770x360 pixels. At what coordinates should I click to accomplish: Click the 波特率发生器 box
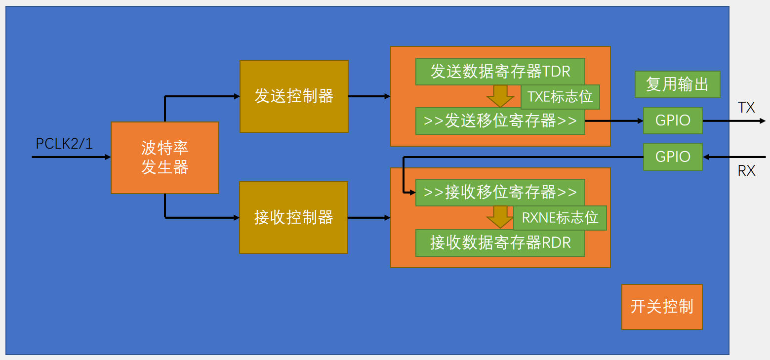click(x=164, y=158)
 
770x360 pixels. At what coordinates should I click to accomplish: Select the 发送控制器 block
click(x=294, y=96)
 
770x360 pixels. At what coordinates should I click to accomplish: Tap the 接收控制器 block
click(x=294, y=217)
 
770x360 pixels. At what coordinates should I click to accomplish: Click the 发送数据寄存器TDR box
click(x=500, y=72)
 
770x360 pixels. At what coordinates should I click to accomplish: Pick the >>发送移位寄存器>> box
click(x=500, y=121)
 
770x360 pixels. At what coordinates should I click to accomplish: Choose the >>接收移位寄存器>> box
click(x=500, y=192)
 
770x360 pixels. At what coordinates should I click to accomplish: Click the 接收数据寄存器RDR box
click(x=500, y=243)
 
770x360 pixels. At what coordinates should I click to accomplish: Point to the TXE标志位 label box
click(x=560, y=97)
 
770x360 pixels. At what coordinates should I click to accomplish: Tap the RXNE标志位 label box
click(x=560, y=218)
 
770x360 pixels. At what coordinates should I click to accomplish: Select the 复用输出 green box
click(x=677, y=84)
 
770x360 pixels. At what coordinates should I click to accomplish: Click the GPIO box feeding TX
click(x=673, y=120)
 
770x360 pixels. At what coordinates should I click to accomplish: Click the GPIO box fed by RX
click(x=673, y=157)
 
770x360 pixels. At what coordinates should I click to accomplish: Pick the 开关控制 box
click(x=662, y=307)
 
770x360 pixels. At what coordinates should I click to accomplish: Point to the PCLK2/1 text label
click(x=64, y=144)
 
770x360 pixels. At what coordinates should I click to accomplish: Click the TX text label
click(x=746, y=108)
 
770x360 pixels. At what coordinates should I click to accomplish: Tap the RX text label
click(x=746, y=171)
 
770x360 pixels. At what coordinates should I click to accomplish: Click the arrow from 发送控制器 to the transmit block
click(x=369, y=96)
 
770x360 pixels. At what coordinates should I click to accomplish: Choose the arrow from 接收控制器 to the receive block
click(x=369, y=217)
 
